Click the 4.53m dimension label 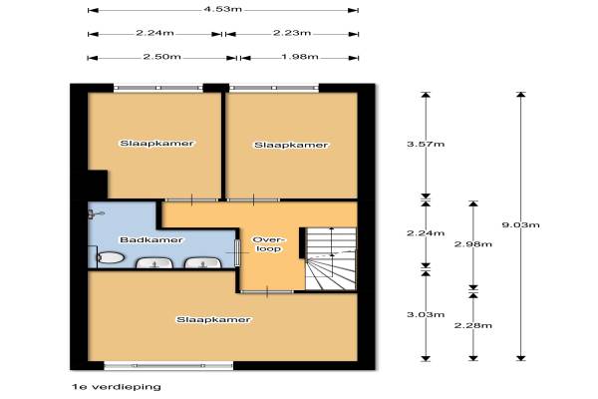223,8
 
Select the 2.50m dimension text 162,57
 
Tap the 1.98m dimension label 300,57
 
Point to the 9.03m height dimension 520,224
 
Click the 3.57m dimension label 426,144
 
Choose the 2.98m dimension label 472,244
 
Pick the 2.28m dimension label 472,325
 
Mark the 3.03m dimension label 426,314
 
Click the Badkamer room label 151,239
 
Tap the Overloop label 268,244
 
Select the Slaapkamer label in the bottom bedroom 213,319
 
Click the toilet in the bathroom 110,258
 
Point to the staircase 331,259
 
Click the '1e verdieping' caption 117,387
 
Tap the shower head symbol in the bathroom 96,214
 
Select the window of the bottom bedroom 168,365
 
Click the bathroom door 237,252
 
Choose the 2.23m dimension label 292,33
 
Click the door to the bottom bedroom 267,291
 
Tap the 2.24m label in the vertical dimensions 426,232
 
